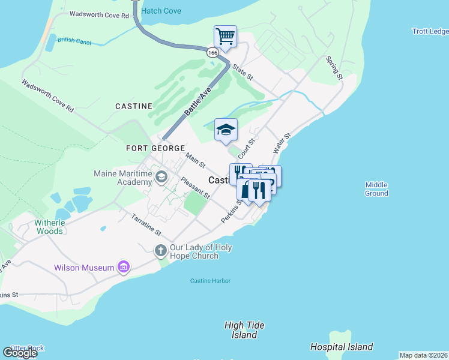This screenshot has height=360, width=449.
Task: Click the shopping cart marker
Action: [x=225, y=37]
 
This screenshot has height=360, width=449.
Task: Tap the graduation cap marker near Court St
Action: [x=226, y=130]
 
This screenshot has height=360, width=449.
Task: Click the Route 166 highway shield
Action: [x=212, y=53]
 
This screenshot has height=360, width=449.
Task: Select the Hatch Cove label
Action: [x=161, y=11]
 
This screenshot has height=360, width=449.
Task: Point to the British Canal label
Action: [x=74, y=40]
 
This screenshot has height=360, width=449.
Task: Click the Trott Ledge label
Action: [x=430, y=31]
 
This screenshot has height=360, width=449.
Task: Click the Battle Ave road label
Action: [x=198, y=100]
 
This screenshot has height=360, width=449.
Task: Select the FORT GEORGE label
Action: [x=151, y=148]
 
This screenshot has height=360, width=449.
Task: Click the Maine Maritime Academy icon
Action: [x=161, y=176]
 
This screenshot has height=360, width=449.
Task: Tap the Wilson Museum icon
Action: [x=124, y=266]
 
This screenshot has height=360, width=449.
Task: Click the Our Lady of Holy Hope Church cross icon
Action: [x=160, y=250]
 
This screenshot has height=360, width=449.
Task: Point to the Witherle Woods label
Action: [x=49, y=226]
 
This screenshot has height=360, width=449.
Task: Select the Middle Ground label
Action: [x=376, y=189]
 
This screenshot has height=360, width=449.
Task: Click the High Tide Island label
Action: [x=244, y=329]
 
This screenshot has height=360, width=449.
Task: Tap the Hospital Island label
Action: [x=342, y=347]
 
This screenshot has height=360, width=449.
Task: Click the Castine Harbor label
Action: [x=210, y=281]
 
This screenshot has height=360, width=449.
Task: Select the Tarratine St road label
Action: [x=146, y=224]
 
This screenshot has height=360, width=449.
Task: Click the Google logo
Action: [x=19, y=353]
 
